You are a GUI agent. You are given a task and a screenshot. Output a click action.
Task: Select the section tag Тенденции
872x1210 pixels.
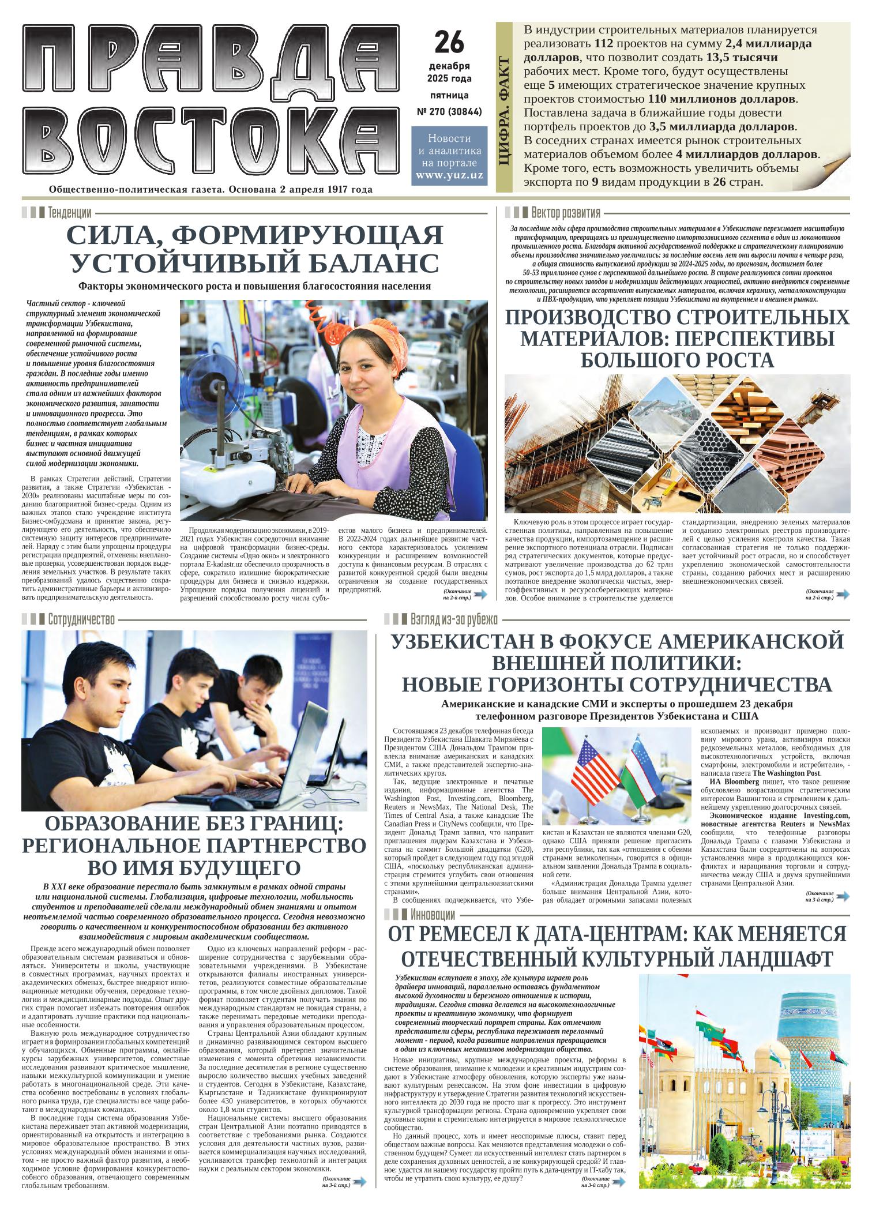pos(70,213)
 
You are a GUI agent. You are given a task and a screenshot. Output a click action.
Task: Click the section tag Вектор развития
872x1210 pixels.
pos(565,212)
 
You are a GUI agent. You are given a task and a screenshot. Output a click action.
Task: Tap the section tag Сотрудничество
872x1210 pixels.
pos(81,619)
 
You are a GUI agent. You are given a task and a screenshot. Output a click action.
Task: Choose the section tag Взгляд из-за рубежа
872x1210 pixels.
pos(453,619)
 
